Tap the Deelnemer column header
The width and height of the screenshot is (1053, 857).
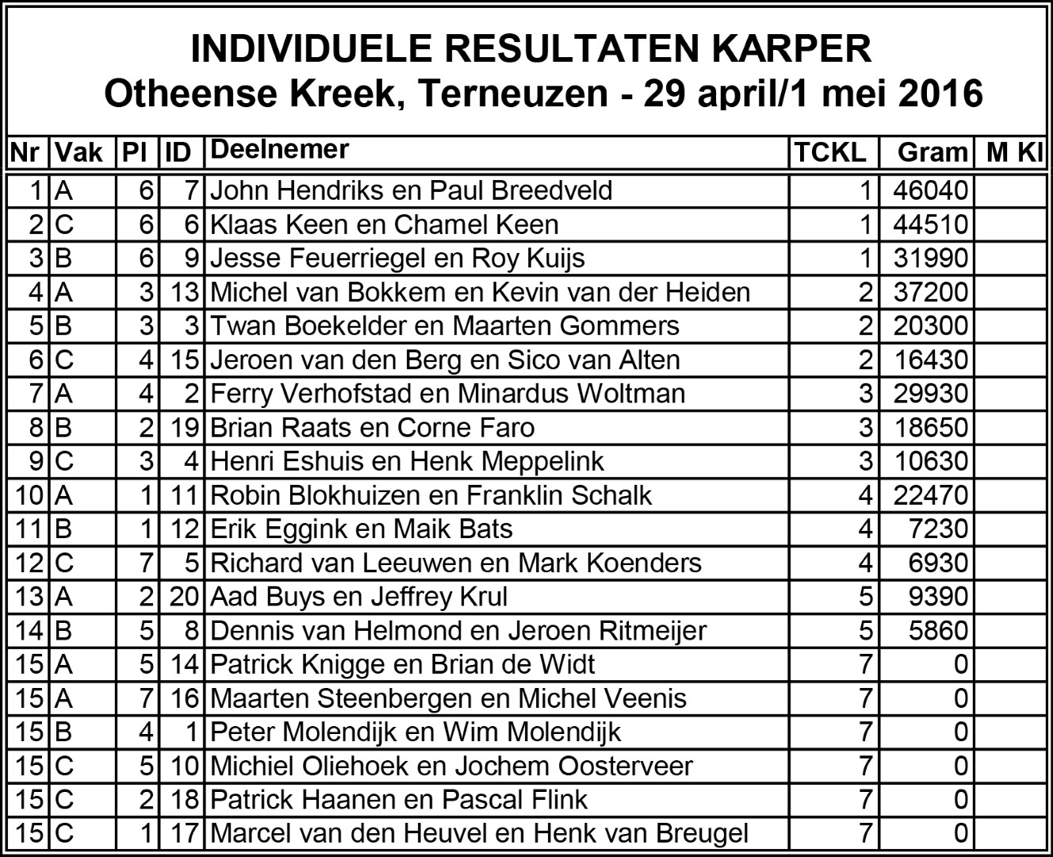(x=280, y=150)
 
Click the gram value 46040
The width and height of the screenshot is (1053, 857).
(x=930, y=190)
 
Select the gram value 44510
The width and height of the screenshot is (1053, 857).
(x=930, y=225)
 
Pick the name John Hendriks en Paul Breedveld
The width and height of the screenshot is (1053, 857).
(x=411, y=190)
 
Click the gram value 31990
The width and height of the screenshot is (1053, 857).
(x=930, y=259)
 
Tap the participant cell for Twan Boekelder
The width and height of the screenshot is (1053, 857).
(x=444, y=326)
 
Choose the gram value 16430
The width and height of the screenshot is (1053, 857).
(x=931, y=360)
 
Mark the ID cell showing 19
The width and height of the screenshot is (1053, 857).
(x=183, y=428)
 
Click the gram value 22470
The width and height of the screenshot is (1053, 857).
(x=930, y=495)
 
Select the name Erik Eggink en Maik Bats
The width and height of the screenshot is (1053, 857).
(x=361, y=529)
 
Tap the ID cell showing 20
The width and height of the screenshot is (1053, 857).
(x=183, y=597)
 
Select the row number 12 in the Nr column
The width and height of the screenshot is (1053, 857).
(x=29, y=563)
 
